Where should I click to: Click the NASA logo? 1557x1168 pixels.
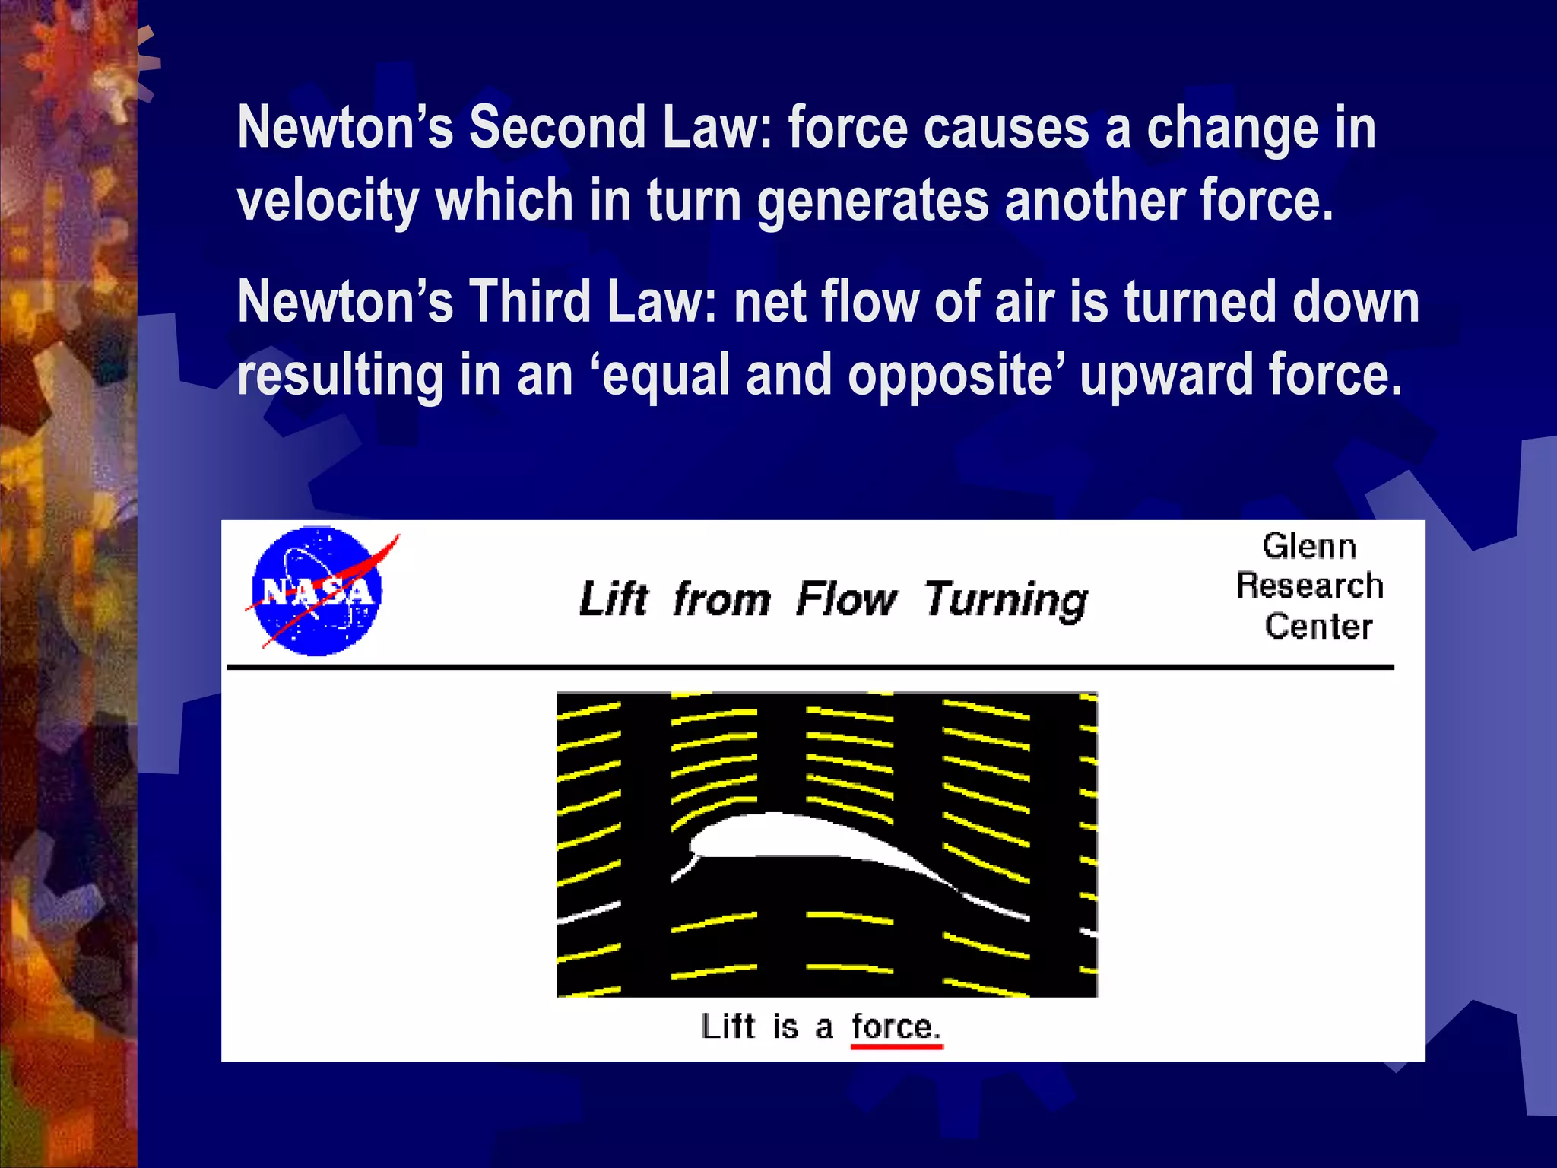(x=318, y=592)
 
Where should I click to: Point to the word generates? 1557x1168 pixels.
(x=873, y=201)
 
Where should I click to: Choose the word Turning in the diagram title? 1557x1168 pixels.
(x=1005, y=600)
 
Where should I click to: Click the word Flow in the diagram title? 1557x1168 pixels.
(x=845, y=598)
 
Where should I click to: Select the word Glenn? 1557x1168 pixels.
(x=1309, y=547)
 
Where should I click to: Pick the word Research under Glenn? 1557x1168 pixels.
(x=1309, y=586)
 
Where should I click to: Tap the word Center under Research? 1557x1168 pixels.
(x=1318, y=627)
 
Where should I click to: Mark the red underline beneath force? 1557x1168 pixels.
(x=896, y=1047)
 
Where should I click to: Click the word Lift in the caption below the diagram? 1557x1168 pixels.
(x=728, y=1027)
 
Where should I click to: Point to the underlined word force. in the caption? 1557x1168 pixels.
(x=896, y=1027)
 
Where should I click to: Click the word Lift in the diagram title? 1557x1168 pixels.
(x=613, y=598)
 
